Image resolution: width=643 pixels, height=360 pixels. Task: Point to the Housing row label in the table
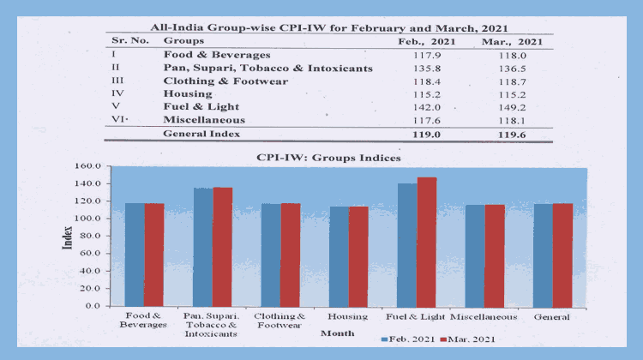coord(184,95)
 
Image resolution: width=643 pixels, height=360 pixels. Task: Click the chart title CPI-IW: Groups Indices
coord(328,158)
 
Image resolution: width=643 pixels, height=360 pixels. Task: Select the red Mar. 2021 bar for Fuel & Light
coord(426,241)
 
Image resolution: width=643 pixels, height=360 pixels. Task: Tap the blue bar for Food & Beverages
coord(135,254)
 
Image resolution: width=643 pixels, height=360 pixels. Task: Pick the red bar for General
coord(562,254)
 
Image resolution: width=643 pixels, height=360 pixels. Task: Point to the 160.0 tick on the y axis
coord(88,166)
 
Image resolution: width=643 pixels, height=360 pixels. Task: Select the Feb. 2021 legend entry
coord(411,340)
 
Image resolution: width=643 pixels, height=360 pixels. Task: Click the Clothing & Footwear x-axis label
coord(280,321)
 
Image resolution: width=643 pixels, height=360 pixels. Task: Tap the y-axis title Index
coord(67,236)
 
